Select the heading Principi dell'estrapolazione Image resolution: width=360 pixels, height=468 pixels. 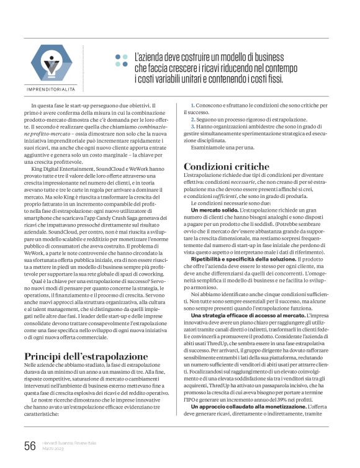coord(86,356)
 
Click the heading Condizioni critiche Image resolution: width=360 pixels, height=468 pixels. coord(227,166)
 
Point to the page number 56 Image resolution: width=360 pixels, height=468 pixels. coord(29,445)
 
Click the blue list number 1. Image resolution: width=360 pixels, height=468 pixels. coord(192,106)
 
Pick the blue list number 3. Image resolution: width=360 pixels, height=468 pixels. coord(192,126)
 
